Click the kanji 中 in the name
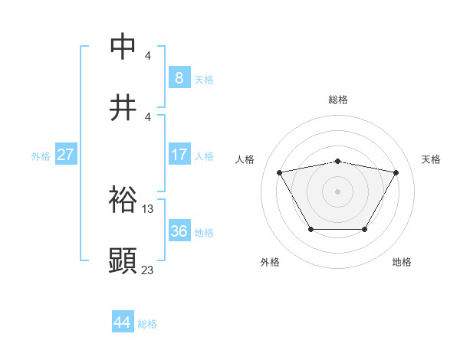(123, 47)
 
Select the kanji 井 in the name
(123, 108)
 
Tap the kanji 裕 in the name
(123, 200)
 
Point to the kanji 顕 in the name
(123, 261)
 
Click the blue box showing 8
(179, 78)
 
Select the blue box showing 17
(179, 155)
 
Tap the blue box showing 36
(179, 231)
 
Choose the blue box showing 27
(65, 155)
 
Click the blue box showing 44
(122, 322)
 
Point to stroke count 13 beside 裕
(148, 208)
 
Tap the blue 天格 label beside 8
(204, 79)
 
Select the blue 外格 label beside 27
(41, 155)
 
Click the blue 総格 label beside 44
(147, 324)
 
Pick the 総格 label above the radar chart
(338, 100)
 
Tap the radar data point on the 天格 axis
(396, 172)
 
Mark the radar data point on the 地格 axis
(364, 229)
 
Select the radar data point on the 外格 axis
(310, 229)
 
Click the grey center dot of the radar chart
(337, 191)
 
